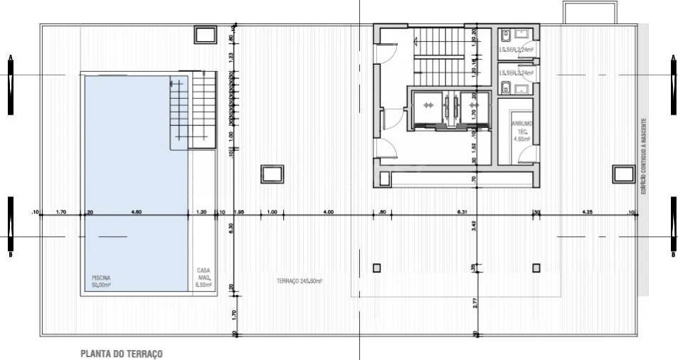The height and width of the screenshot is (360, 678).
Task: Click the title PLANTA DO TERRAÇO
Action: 122,354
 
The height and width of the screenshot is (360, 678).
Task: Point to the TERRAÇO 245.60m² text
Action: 300,282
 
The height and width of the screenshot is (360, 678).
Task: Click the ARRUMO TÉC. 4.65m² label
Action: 522,131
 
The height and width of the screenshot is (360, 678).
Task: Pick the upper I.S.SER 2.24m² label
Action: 517,51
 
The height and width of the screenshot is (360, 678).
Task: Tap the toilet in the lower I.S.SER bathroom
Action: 505,88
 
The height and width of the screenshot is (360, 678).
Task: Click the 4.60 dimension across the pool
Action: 137,211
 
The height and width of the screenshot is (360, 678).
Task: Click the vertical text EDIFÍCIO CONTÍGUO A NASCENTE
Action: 643,157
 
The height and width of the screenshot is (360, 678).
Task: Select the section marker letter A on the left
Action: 10,57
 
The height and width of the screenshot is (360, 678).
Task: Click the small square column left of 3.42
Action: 376,268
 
